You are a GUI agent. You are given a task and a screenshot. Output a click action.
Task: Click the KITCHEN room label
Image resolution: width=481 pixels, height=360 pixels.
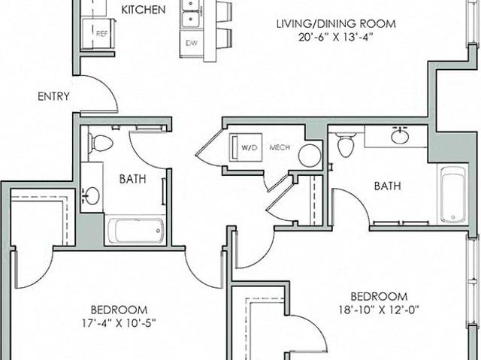tap(144, 10)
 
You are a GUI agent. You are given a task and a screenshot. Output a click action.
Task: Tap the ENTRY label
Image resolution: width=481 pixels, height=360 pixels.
tap(53, 97)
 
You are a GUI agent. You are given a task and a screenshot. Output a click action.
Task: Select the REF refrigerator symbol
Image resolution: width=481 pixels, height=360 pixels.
tap(98, 33)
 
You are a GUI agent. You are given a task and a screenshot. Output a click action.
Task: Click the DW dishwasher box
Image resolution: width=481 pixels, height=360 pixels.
tap(192, 43)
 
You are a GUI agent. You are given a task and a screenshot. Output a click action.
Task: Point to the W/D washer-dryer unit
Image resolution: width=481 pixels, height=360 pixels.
tap(246, 147)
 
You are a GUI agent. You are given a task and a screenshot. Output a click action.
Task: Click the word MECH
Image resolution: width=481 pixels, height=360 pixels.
tap(280, 147)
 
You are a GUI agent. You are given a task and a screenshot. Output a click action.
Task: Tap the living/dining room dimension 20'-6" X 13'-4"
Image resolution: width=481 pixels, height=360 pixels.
tap(336, 38)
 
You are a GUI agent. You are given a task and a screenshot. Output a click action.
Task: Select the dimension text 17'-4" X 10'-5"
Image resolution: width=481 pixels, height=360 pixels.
tap(119, 323)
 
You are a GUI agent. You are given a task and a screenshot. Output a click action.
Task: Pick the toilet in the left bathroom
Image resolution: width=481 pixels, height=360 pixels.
tap(100, 144)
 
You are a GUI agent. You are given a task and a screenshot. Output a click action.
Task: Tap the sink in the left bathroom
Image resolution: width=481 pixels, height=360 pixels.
tap(92, 196)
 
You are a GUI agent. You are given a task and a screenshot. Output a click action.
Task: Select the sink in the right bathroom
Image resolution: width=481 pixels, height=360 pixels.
tap(399, 135)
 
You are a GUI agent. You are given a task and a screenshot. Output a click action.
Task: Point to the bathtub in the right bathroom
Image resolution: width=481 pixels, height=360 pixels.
tap(453, 194)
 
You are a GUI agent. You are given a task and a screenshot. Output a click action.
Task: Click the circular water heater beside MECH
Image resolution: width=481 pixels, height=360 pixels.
tap(310, 156)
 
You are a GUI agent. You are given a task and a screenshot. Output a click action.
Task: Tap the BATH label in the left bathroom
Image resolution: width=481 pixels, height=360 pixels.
tap(132, 179)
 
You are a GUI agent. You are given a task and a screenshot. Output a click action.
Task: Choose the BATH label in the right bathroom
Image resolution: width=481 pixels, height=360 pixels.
tap(388, 186)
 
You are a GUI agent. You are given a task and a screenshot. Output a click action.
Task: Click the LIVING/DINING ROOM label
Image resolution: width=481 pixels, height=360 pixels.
tap(336, 24)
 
